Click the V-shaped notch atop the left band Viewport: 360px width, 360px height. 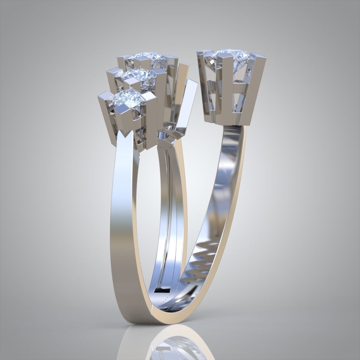point(127,134)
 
